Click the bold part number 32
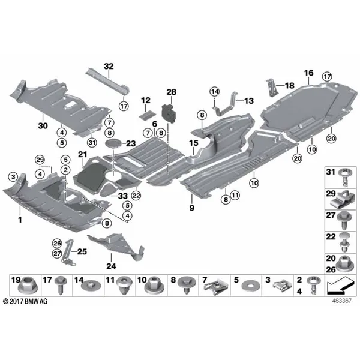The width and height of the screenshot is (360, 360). click(109, 67)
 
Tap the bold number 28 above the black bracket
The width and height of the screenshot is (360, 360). click(172, 92)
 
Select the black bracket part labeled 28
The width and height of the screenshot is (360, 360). click(170, 113)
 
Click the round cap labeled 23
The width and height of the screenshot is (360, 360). click(114, 143)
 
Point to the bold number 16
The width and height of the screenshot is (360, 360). click(309, 73)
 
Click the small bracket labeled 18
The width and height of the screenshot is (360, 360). click(272, 88)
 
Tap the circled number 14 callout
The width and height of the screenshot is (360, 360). click(215, 92)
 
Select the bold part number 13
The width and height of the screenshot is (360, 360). click(249, 101)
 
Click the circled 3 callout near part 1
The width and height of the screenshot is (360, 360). click(13, 177)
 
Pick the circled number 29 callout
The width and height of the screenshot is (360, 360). click(40, 160)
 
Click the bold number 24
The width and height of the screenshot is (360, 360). click(111, 266)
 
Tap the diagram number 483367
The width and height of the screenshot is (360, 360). click(341, 301)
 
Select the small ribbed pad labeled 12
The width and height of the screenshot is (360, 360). click(147, 115)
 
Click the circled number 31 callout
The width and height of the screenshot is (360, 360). click(92, 143)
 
